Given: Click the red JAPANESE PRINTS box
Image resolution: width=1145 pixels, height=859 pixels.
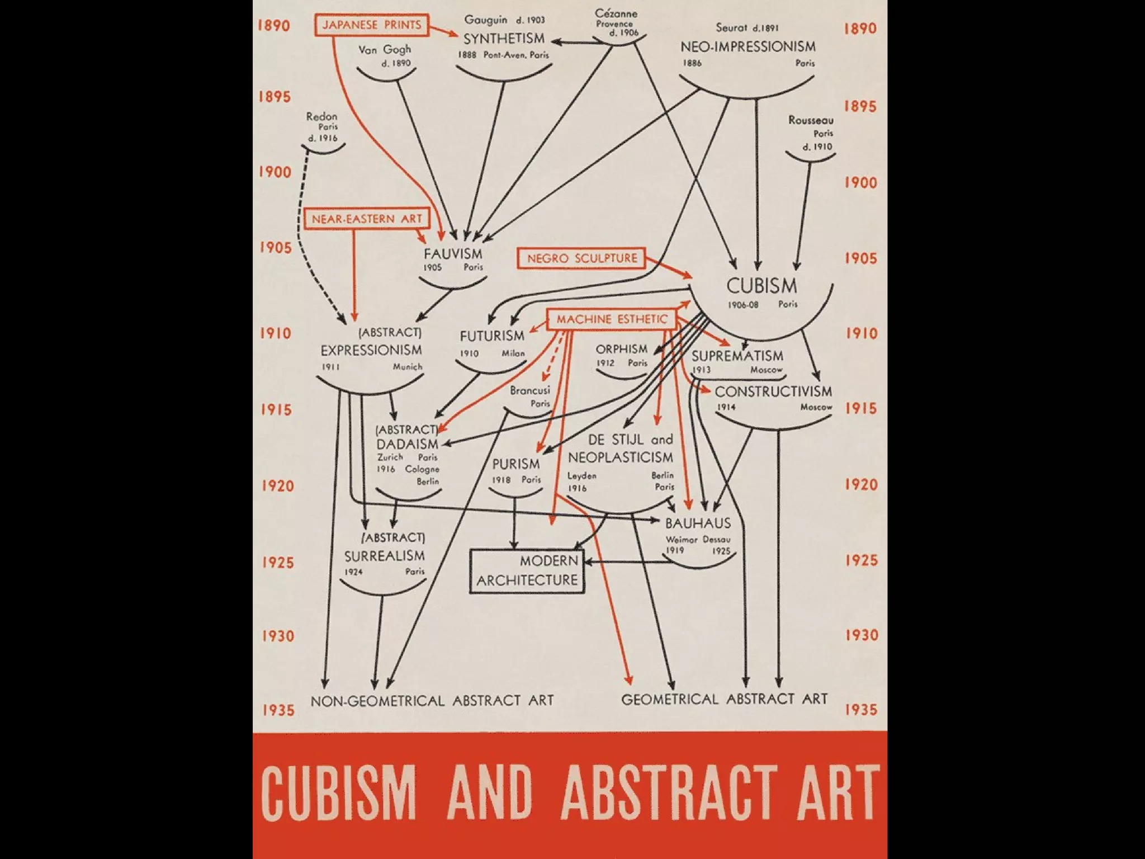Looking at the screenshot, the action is point(372,25).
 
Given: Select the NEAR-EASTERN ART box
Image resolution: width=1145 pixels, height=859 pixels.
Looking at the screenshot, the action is point(367,219).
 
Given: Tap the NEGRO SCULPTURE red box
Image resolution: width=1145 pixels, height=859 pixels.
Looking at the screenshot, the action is point(582,258).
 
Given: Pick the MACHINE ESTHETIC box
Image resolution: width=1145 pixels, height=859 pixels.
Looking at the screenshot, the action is point(612,319).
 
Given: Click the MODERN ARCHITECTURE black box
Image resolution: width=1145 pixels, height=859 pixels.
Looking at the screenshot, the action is point(527,571).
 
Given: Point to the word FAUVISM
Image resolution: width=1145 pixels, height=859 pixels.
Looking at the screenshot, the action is point(453,253).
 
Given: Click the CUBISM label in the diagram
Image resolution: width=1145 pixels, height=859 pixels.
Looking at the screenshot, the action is point(761,286).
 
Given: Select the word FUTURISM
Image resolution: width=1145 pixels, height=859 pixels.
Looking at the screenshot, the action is point(492,336).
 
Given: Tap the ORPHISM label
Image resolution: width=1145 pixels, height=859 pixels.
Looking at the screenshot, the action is point(621,349).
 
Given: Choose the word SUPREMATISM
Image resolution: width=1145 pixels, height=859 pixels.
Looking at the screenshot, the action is point(737,356).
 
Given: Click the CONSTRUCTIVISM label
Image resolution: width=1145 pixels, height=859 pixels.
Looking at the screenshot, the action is point(773,391).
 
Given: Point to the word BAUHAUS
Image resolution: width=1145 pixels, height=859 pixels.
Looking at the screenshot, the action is point(698,523).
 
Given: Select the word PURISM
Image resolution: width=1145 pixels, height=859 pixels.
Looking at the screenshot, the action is point(515,464).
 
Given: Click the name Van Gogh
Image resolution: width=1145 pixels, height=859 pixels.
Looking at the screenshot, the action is point(385,50).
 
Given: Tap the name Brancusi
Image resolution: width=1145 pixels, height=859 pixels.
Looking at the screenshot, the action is point(529,390).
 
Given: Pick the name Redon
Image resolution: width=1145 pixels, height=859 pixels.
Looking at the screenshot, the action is point(321,116).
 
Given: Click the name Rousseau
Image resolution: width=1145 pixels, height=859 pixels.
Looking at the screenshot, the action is point(811,120).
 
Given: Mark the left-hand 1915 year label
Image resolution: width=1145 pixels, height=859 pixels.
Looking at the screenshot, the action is point(276,410).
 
